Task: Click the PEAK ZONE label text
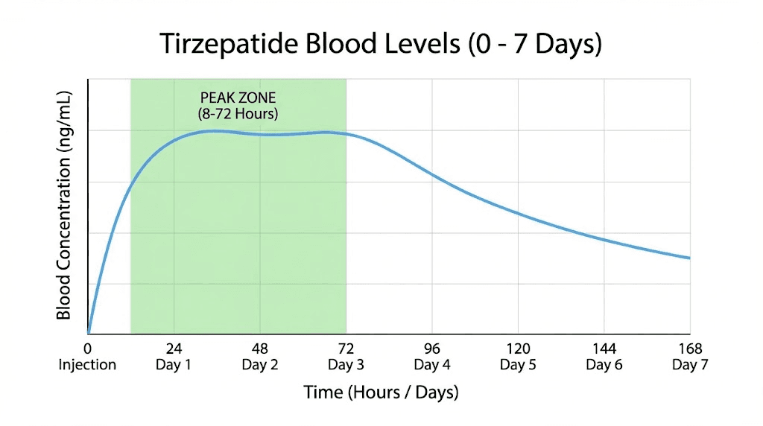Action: click(238, 98)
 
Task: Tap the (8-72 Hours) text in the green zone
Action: click(238, 114)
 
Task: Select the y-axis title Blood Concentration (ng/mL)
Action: click(64, 206)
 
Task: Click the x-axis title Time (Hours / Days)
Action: click(381, 392)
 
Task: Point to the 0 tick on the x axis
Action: click(88, 349)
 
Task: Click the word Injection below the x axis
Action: click(88, 365)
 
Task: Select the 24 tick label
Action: click(174, 349)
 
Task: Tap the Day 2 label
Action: click(260, 365)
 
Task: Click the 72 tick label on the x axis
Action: click(346, 349)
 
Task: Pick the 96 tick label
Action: click(432, 349)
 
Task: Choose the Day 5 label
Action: click(518, 365)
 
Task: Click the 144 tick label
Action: click(604, 349)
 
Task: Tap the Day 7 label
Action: click(689, 365)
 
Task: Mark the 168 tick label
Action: click(689, 349)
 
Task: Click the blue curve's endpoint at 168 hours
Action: click(689, 258)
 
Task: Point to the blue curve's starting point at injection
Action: click(88, 334)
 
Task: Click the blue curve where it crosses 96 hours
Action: click(432, 174)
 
